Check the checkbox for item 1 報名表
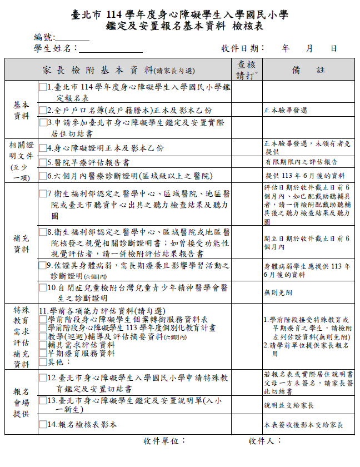tap(42, 87)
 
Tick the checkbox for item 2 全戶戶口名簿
tap(42, 110)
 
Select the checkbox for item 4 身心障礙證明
tap(42, 148)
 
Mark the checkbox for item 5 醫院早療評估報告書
tap(42, 162)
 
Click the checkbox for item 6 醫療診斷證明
tap(42, 176)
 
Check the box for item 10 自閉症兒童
tap(42, 288)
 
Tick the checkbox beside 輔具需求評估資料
tap(43, 345)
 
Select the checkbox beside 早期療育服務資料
tap(43, 353)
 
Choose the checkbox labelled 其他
tap(43, 361)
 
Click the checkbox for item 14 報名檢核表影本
tap(42, 424)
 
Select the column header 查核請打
tap(246, 70)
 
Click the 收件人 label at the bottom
tap(265, 441)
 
